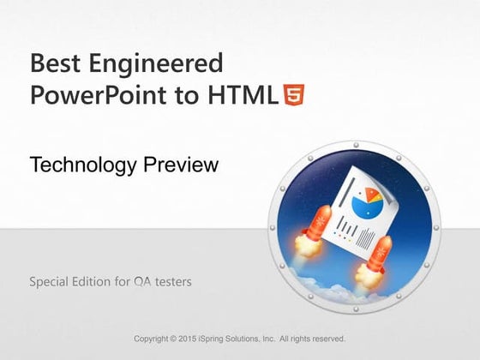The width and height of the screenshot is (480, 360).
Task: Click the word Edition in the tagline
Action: (99, 280)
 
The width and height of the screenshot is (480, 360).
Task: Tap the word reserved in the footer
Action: (327, 339)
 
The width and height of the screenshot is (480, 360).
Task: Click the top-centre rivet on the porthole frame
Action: (354, 147)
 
